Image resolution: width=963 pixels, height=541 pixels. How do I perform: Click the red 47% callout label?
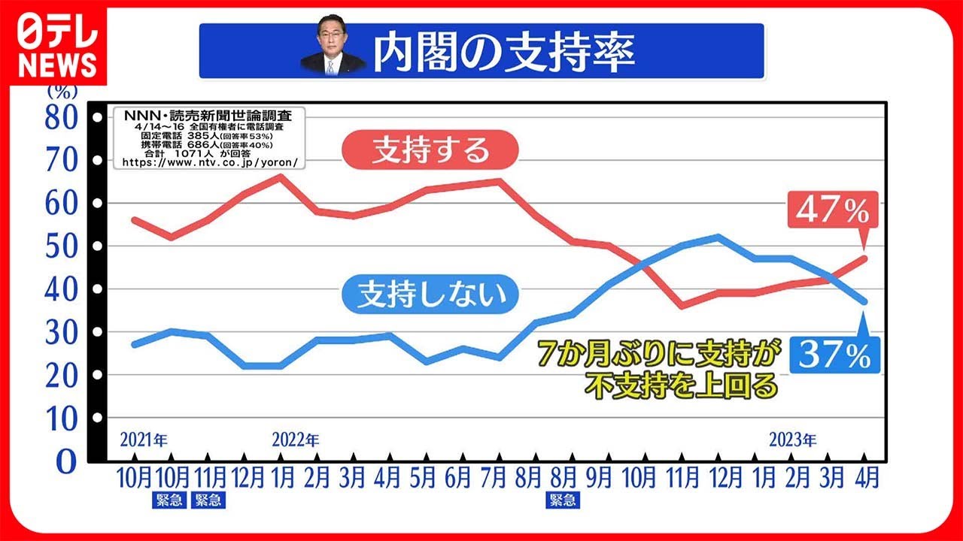[x=833, y=210]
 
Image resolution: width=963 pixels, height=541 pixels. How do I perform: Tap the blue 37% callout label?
[x=835, y=355]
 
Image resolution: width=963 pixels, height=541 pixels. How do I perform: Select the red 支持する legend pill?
[x=430, y=150]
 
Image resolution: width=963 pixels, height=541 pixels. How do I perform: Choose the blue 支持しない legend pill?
[x=430, y=294]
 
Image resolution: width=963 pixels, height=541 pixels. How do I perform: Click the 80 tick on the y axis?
[x=62, y=118]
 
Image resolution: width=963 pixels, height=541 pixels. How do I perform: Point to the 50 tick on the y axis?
[x=62, y=246]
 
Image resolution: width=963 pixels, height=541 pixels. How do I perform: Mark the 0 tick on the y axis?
[x=67, y=462]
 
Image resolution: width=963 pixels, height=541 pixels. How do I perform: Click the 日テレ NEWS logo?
[x=58, y=47]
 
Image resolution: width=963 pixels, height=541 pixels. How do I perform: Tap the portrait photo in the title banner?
[x=332, y=46]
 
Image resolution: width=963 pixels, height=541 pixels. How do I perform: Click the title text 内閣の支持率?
[x=504, y=52]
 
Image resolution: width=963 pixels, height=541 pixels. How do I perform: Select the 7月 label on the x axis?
[x=493, y=477]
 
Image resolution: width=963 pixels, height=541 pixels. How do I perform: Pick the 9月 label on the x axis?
[x=599, y=477]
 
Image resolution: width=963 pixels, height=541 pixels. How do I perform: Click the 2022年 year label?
[x=296, y=440]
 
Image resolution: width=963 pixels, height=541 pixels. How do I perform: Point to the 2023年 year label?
[x=792, y=440]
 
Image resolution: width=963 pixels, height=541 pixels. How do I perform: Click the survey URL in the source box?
[x=210, y=162]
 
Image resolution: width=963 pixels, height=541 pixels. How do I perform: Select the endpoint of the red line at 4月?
[x=864, y=258]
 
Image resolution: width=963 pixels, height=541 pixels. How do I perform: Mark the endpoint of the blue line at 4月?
[x=864, y=302]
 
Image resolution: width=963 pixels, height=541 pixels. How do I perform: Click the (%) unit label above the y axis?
[x=62, y=92]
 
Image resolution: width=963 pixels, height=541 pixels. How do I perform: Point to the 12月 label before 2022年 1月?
[x=248, y=477]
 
